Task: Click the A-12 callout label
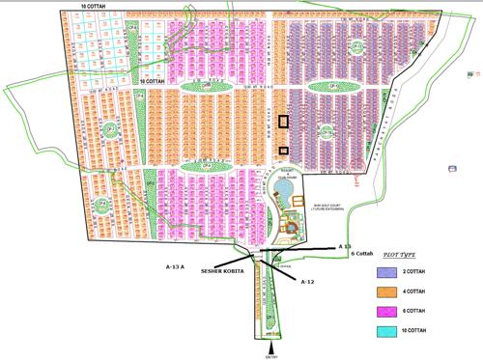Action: [308, 281]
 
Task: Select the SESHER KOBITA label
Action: [222, 272]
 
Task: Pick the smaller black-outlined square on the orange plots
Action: [283, 150]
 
